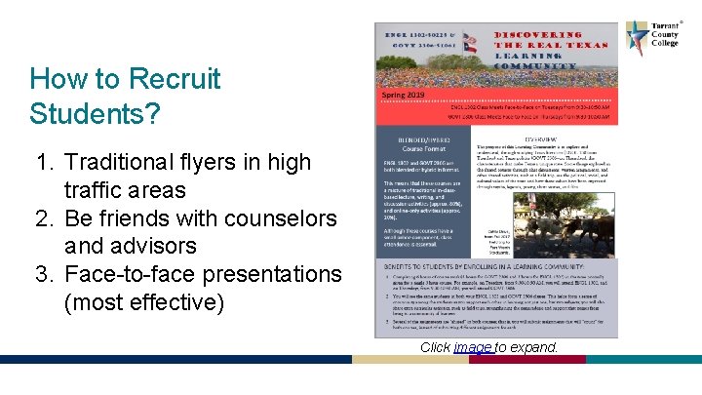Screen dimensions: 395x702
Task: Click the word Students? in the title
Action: point(95,113)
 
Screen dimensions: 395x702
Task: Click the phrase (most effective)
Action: point(143,302)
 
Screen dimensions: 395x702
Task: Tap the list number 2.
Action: point(45,217)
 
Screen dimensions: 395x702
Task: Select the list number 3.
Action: point(45,274)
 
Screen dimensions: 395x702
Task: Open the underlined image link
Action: point(472,347)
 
